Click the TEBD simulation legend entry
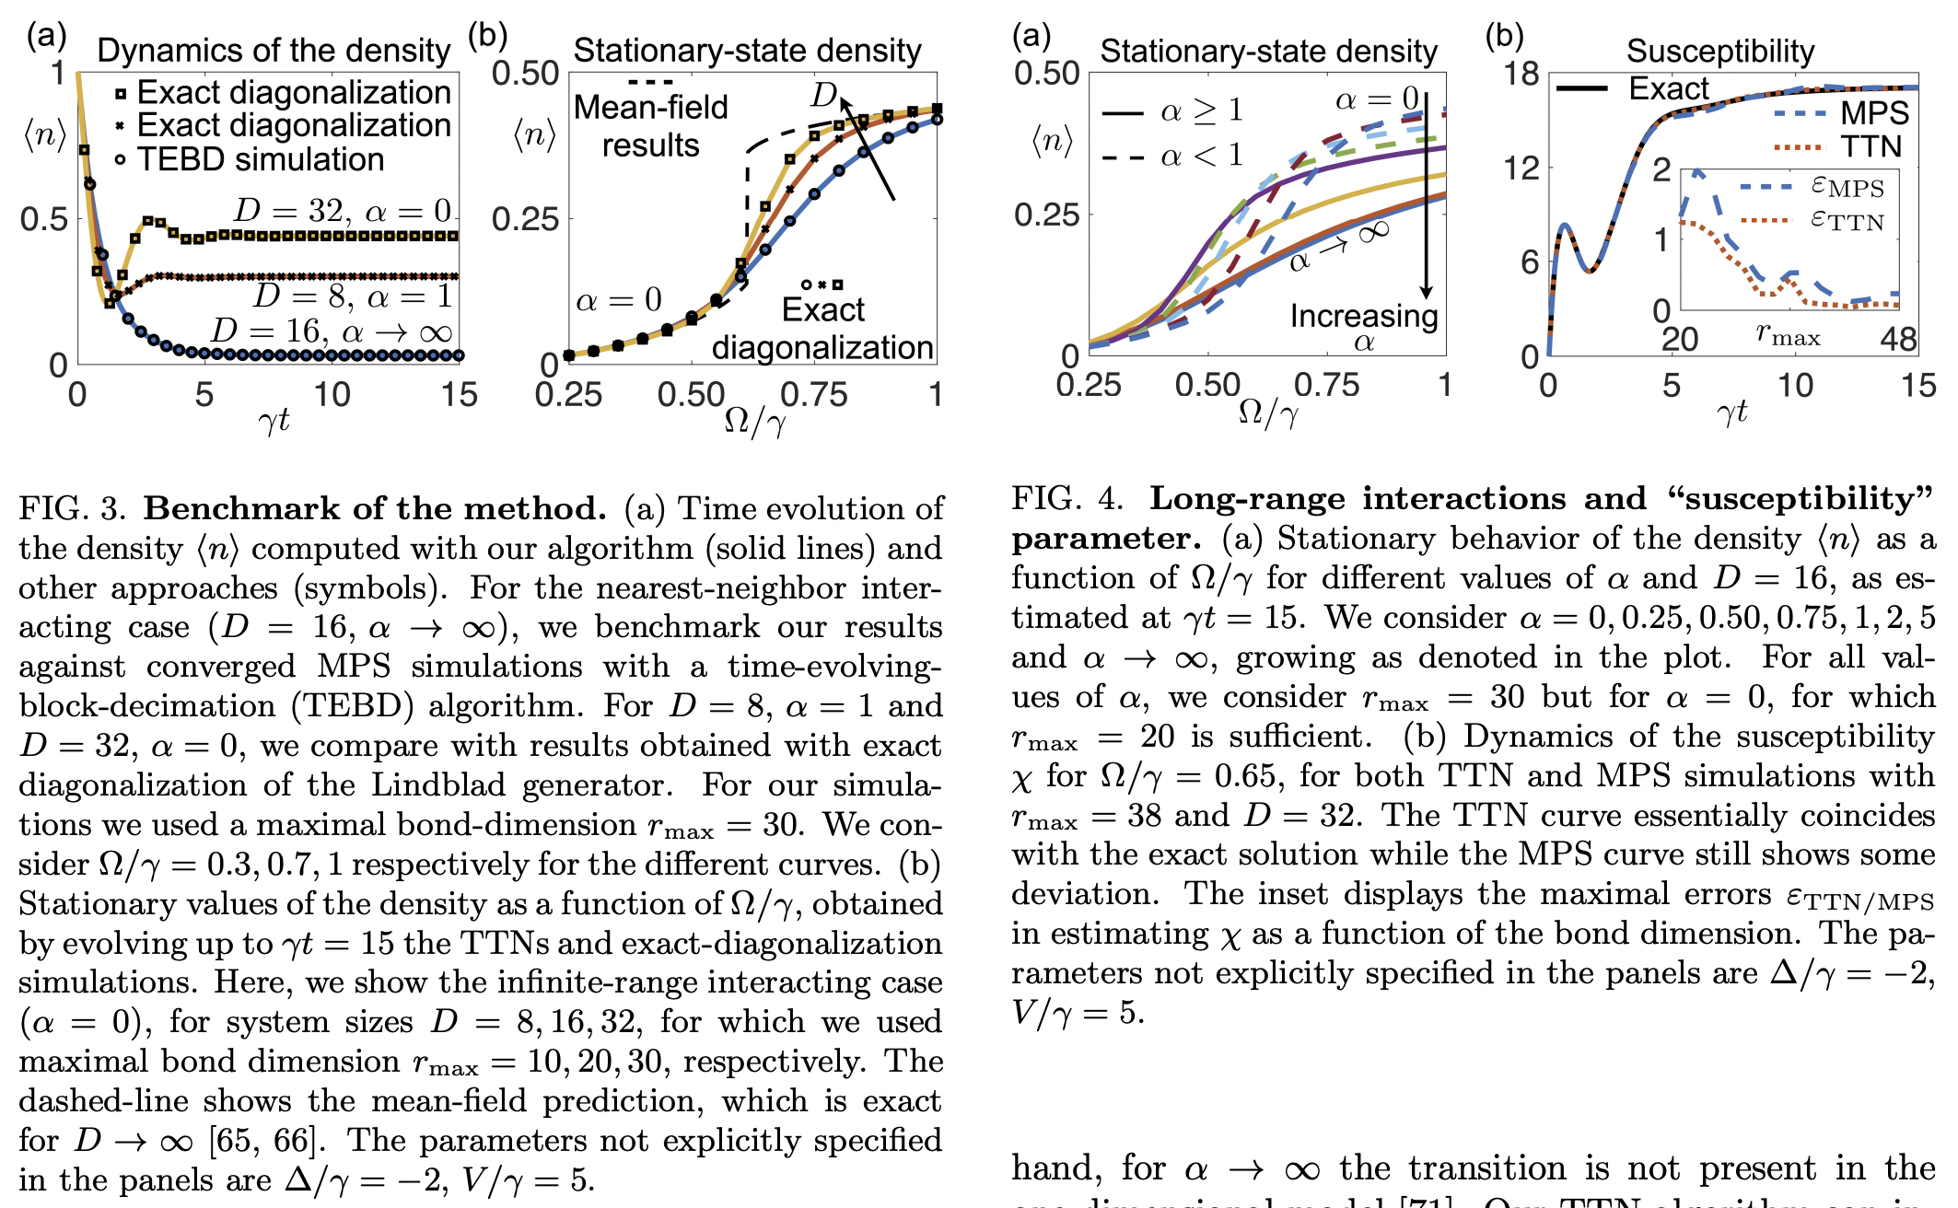(x=260, y=159)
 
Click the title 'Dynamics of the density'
(x=274, y=51)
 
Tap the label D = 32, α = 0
(x=343, y=211)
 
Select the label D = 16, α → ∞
(x=332, y=331)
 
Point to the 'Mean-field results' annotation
(x=650, y=126)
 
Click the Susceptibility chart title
(x=1719, y=51)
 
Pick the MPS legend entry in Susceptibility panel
(x=1873, y=113)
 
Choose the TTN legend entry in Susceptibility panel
(x=1870, y=146)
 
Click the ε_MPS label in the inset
(x=1847, y=187)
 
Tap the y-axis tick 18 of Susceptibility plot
(x=1521, y=74)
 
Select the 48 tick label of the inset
(x=1898, y=340)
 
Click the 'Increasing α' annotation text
(x=1363, y=326)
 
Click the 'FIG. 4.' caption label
(x=1066, y=498)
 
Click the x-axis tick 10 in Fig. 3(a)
(x=332, y=395)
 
